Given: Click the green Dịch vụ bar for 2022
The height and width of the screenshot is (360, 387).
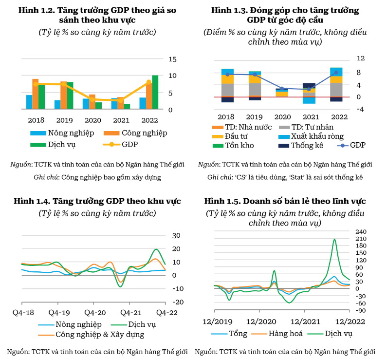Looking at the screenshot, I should pos(155,93).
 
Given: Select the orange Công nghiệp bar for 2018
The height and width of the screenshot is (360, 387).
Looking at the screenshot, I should pos(36,94).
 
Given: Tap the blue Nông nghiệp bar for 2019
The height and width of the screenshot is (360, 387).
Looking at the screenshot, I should pos(57,105).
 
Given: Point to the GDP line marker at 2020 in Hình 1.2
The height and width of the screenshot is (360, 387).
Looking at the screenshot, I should pos(92,99).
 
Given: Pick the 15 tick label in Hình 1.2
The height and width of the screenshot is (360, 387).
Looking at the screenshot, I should pos(173,59).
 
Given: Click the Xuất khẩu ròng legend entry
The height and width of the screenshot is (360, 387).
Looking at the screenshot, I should pos(316,136).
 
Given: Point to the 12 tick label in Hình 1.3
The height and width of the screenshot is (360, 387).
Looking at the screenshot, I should pos(361,58).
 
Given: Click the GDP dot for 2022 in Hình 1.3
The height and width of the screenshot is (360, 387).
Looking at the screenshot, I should pos(336,73).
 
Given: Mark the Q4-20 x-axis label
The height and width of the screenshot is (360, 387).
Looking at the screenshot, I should pos(95,312).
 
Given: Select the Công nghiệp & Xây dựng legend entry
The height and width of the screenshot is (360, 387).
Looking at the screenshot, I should pos(100,335).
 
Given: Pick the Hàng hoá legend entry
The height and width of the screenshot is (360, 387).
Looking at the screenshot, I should pos(288,334).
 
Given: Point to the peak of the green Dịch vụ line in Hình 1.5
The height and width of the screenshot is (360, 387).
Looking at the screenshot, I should pos(334,239).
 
